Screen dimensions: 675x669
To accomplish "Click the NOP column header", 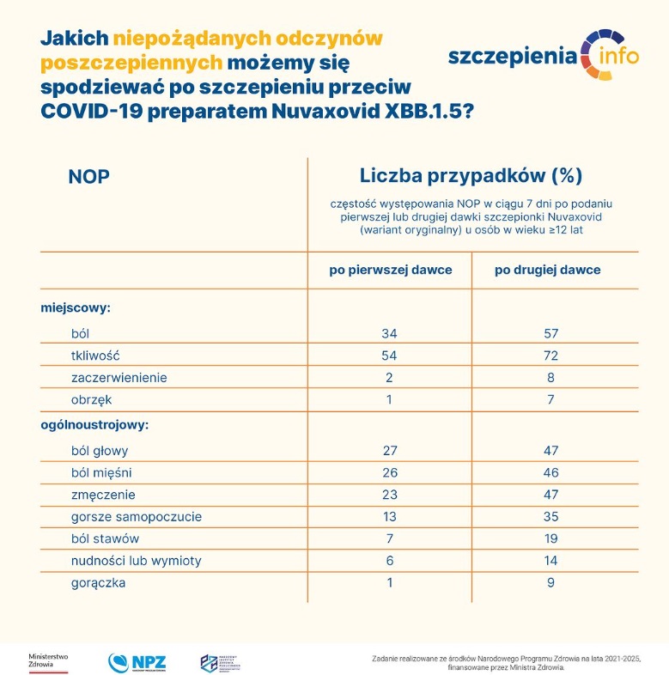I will pyautogui.click(x=89, y=177).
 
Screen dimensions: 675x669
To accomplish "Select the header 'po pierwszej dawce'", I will pyautogui.click(x=391, y=270).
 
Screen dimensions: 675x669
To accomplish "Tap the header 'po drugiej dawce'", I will pyautogui.click(x=547, y=270).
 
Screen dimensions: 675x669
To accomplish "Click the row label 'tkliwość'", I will pyautogui.click(x=96, y=355).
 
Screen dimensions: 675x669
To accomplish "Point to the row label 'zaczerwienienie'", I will pyautogui.click(x=119, y=377).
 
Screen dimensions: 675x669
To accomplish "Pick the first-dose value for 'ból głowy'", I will pyautogui.click(x=390, y=450).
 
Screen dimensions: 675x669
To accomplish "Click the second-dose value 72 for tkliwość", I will pyautogui.click(x=550, y=355).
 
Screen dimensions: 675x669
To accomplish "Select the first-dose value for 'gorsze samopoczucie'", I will pyautogui.click(x=390, y=516).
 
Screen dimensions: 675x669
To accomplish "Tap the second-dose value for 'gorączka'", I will pyautogui.click(x=550, y=583).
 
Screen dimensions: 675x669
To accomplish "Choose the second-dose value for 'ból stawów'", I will pyautogui.click(x=550, y=538).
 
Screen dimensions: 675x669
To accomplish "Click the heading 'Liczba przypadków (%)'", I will pyautogui.click(x=471, y=176).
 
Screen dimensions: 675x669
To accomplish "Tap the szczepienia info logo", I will pyautogui.click(x=544, y=56).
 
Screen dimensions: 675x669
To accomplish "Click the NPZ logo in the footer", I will pyautogui.click(x=137, y=662).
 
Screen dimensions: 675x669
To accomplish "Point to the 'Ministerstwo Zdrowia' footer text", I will pyautogui.click(x=48, y=661).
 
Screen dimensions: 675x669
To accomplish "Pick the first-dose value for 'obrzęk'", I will pyautogui.click(x=390, y=399).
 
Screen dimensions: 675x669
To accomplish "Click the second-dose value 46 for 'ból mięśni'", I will pyautogui.click(x=550, y=472).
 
